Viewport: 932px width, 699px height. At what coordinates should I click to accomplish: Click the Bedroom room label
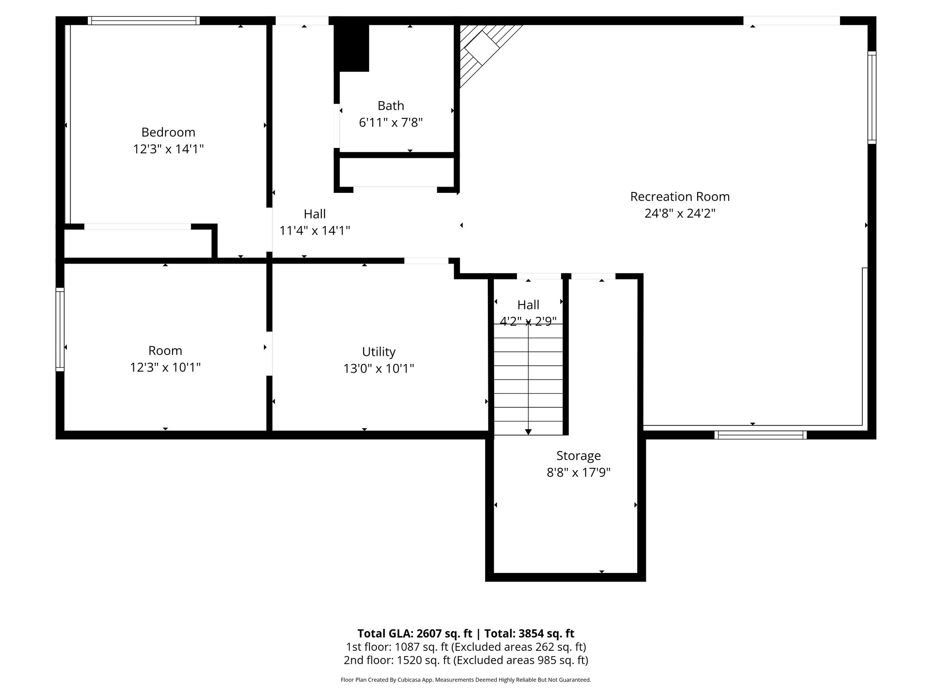point(168,132)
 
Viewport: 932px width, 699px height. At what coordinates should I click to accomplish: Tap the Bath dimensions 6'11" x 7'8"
point(391,122)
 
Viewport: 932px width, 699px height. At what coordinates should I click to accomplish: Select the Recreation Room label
point(679,197)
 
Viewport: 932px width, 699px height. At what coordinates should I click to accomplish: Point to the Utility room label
point(379,352)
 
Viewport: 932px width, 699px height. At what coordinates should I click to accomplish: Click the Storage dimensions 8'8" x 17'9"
point(578,472)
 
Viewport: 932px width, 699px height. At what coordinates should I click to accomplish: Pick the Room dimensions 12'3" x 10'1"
point(165,367)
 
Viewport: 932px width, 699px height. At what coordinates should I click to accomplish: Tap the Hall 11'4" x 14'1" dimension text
point(314,231)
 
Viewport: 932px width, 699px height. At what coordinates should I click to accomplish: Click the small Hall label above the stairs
point(528,305)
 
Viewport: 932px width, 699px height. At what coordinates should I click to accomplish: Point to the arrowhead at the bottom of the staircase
point(528,431)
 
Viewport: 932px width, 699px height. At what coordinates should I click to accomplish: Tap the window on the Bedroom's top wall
point(144,20)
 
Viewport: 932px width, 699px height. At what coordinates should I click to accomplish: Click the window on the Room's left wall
point(60,329)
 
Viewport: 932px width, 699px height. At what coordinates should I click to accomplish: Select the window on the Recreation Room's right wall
point(871,97)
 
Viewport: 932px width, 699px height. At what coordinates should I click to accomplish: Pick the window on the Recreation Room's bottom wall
point(760,435)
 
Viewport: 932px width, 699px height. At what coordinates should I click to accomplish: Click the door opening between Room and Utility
point(269,354)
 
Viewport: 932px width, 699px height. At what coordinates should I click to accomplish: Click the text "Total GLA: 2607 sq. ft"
point(415,633)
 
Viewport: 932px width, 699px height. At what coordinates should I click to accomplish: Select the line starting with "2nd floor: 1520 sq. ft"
point(466,660)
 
